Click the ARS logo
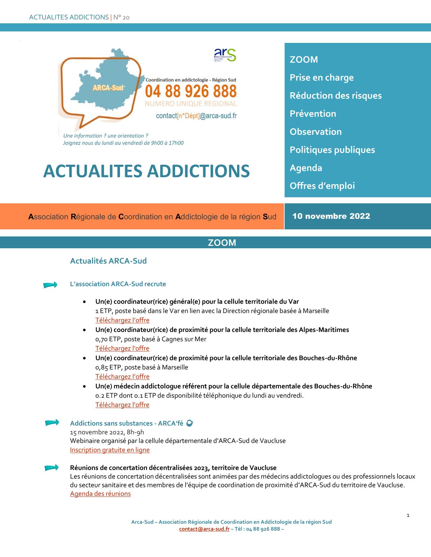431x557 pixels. pyautogui.click(x=225, y=55)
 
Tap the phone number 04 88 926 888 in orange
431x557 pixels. pyautogui.click(x=191, y=91)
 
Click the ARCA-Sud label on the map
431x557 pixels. pyautogui.click(x=109, y=88)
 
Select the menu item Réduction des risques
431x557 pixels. pyautogui.click(x=335, y=96)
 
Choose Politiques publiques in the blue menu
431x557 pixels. pyautogui.click(x=332, y=150)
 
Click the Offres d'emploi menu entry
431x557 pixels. pyautogui.click(x=322, y=186)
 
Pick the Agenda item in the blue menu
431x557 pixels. pyautogui.click(x=306, y=168)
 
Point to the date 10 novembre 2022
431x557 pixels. pyautogui.click(x=331, y=216)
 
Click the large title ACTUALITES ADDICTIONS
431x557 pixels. pyautogui.click(x=146, y=171)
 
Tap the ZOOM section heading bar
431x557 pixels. pyautogui.click(x=222, y=243)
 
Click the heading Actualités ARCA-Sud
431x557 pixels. pyautogui.click(x=108, y=261)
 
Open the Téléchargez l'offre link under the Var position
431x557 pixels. pyautogui.click(x=122, y=320)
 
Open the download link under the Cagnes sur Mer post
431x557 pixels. pyautogui.click(x=122, y=348)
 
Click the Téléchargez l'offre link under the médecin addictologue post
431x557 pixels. pyautogui.click(x=122, y=405)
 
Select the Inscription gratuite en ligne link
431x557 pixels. pyautogui.click(x=110, y=450)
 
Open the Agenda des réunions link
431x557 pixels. pyautogui.click(x=100, y=494)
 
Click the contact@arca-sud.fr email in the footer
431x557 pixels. pyautogui.click(x=204, y=529)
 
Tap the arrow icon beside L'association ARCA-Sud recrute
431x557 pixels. pyautogui.click(x=50, y=285)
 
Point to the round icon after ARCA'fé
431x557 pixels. pyautogui.click(x=190, y=423)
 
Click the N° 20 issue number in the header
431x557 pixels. pyautogui.click(x=121, y=17)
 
